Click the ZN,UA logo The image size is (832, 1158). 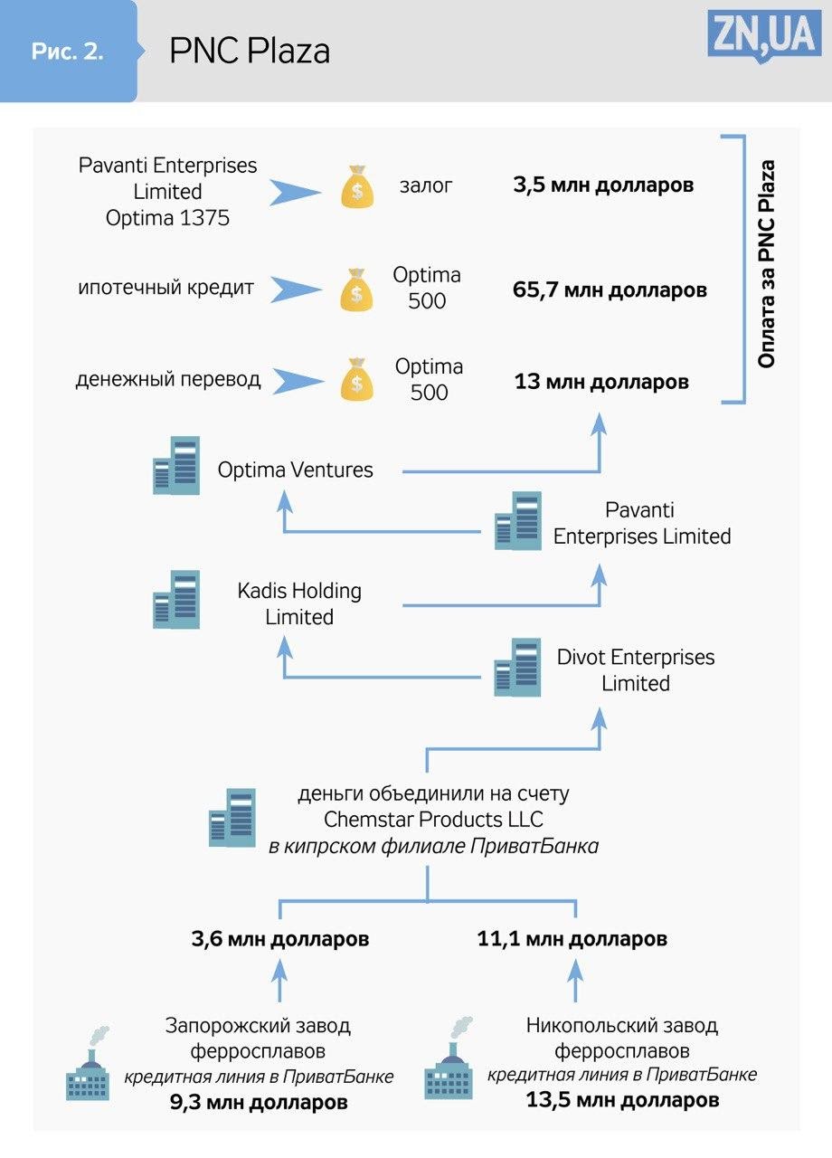[x=764, y=38]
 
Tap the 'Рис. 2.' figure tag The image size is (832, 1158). [x=68, y=52]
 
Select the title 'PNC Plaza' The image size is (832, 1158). [x=250, y=52]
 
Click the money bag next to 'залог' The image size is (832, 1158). [x=357, y=185]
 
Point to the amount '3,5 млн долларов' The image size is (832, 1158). [x=603, y=185]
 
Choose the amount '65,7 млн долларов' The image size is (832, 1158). [x=610, y=290]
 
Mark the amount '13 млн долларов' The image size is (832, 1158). [x=601, y=382]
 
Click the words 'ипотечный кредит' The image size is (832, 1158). [x=165, y=289]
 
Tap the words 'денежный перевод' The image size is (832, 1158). [x=168, y=379]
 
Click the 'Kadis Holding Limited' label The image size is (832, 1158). [x=299, y=603]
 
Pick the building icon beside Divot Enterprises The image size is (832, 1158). [x=517, y=667]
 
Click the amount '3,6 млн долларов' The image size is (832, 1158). [x=280, y=939]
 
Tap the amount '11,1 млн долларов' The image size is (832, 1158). [x=572, y=939]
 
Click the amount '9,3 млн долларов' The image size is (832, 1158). [x=259, y=1103]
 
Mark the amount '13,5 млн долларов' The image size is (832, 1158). [x=623, y=1100]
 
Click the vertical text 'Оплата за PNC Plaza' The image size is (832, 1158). [x=766, y=264]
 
